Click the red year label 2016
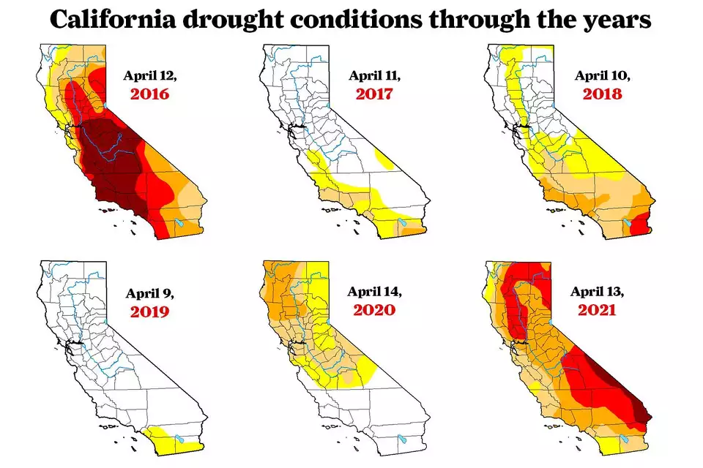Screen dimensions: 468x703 coord(149,94)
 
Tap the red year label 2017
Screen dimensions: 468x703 coord(374,94)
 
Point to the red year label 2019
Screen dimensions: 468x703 coord(149,312)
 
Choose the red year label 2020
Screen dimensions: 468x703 coord(374,309)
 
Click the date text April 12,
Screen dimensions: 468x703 coord(149,75)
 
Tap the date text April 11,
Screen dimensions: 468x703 coord(374,75)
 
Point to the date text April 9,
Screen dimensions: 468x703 coord(149,294)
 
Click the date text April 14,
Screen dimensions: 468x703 coord(374,291)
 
